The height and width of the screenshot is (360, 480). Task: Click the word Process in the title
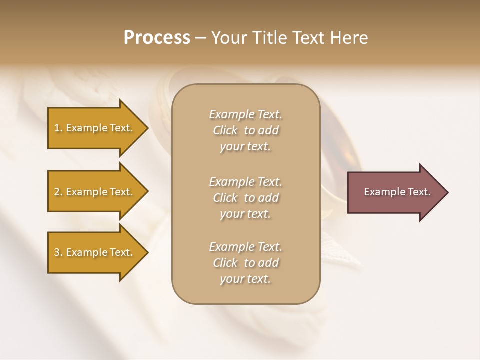157,38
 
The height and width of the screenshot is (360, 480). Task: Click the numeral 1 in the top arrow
57,128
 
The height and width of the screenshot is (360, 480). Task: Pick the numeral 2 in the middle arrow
57,192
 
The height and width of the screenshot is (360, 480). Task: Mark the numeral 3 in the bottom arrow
57,252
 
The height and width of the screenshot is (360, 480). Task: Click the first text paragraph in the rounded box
246,130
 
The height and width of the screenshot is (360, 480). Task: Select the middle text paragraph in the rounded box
246,198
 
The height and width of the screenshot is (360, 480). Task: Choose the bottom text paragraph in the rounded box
246,263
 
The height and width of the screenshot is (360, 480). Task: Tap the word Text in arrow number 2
120,192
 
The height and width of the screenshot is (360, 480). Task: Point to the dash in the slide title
201,38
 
